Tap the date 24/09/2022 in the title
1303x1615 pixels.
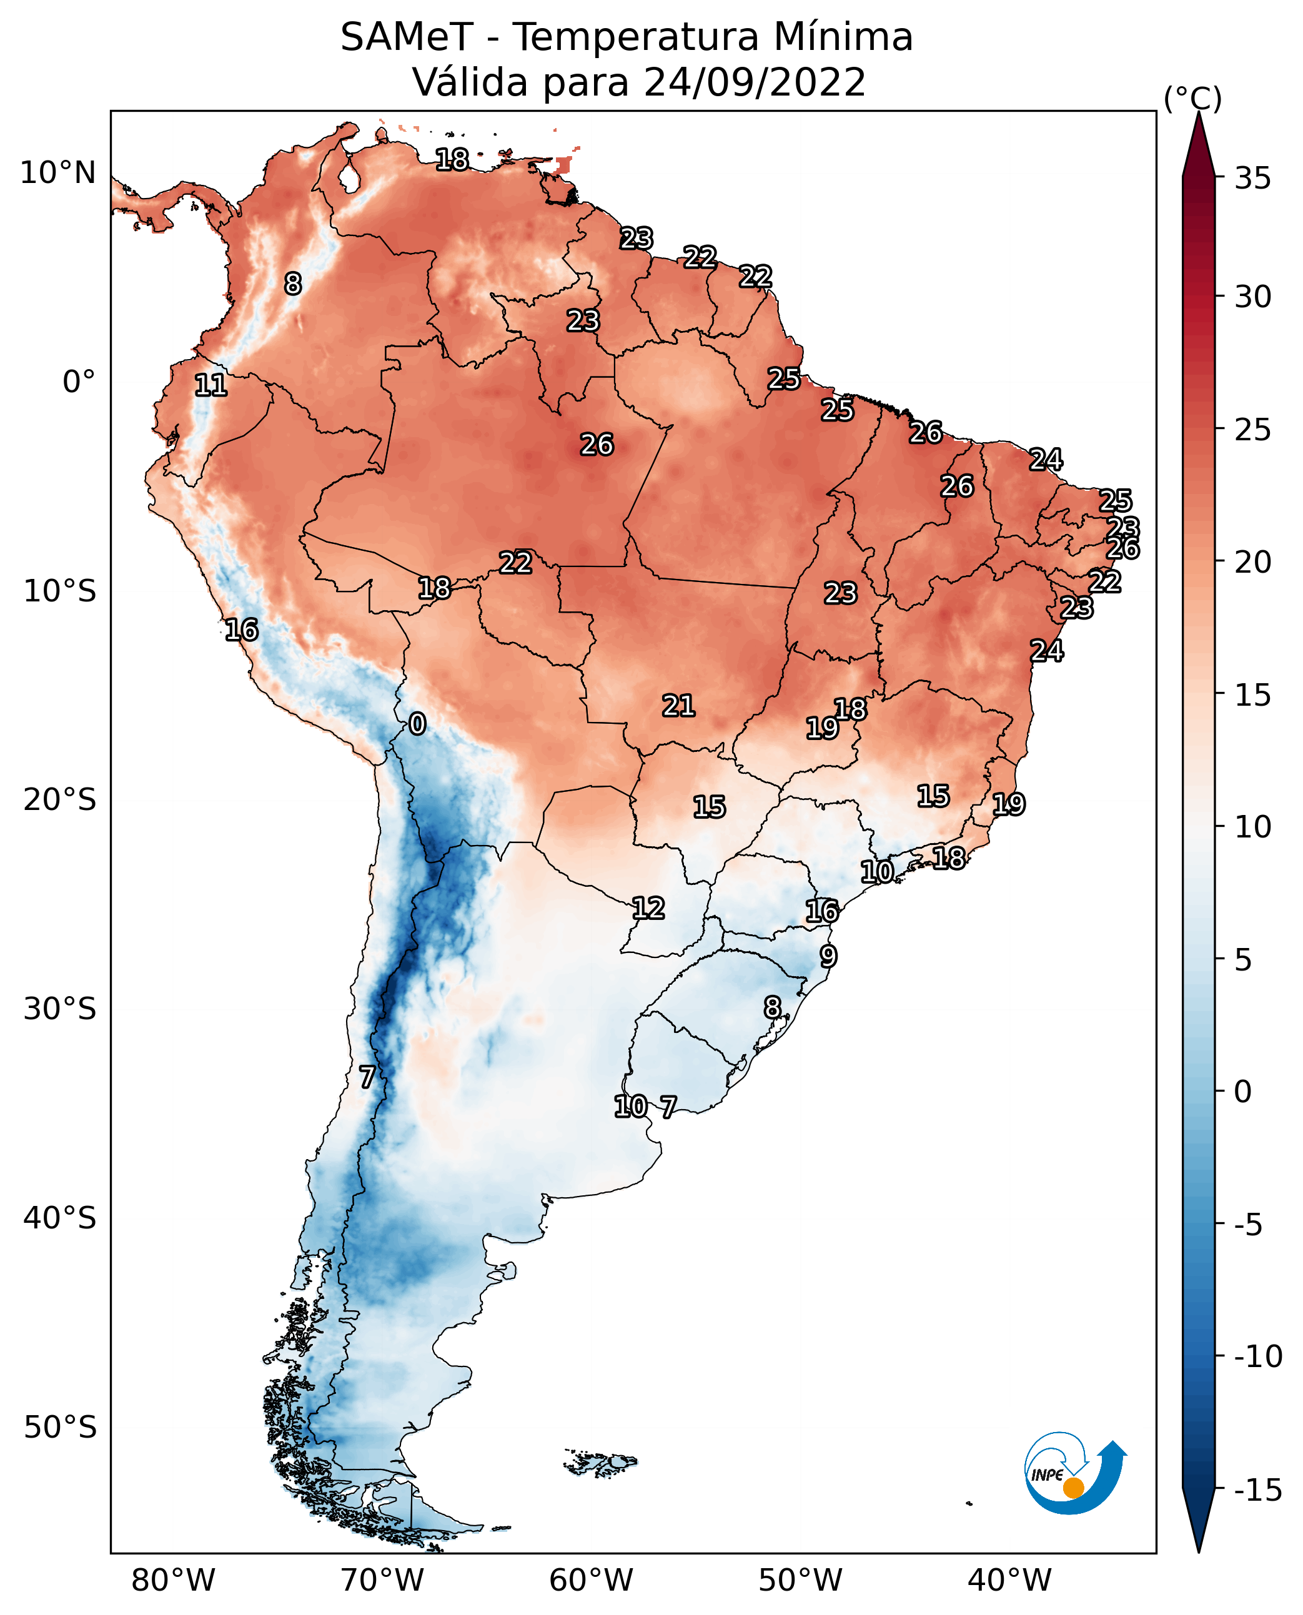tap(755, 82)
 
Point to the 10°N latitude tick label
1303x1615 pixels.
tap(58, 174)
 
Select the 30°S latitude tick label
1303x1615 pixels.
tap(60, 1009)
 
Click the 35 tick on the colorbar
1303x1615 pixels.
tap(1252, 179)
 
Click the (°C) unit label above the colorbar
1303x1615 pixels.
tap(1192, 98)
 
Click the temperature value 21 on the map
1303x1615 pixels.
tap(678, 706)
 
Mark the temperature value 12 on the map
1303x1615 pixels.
tap(648, 908)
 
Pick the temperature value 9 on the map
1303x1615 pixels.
tap(828, 956)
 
